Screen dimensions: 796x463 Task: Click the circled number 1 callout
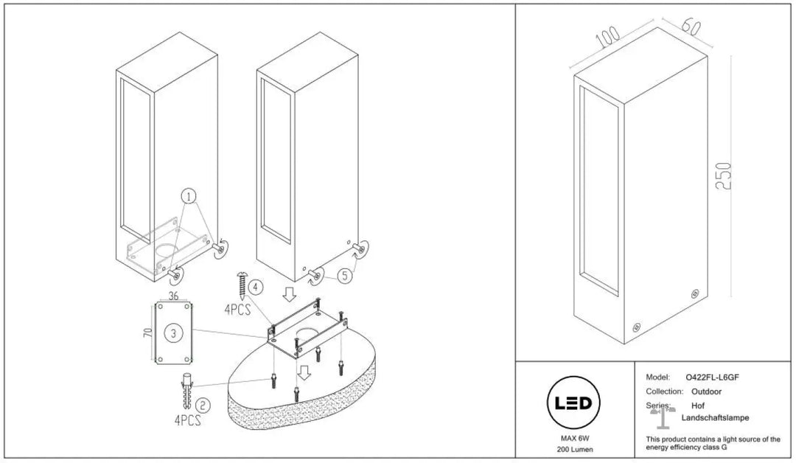(189, 196)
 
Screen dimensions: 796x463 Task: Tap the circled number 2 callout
(203, 405)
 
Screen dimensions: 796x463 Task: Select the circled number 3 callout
(174, 333)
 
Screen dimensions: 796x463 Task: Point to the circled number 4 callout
(256, 288)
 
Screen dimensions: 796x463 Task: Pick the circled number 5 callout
(345, 276)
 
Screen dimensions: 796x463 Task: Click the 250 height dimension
(724, 175)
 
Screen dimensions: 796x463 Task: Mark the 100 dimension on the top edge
(607, 37)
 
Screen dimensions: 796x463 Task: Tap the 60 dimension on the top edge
(691, 25)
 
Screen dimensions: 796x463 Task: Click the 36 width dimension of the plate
(174, 296)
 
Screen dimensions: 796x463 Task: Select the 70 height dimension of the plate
(147, 333)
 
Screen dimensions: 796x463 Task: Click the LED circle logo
(573, 403)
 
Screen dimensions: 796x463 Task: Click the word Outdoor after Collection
(706, 391)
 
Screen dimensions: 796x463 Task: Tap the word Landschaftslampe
(715, 418)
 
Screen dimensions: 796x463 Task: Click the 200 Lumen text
(575, 449)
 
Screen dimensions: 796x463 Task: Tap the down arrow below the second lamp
(290, 294)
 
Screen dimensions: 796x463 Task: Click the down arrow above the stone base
(304, 372)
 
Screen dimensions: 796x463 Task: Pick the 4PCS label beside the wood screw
(237, 310)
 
